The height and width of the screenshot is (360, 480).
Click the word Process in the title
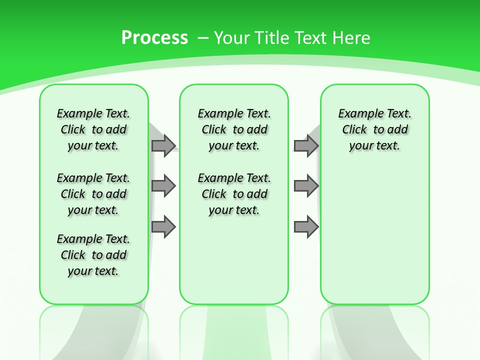point(154,38)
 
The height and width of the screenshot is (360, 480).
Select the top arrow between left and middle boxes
point(163,145)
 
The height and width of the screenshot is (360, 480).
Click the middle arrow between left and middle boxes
point(163,186)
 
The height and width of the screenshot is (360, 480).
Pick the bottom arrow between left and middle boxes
point(163,227)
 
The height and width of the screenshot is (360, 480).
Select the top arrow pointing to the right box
point(306,145)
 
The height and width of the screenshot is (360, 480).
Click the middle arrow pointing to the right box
point(306,186)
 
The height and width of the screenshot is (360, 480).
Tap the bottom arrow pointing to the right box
point(306,227)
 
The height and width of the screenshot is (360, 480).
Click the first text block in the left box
point(93,129)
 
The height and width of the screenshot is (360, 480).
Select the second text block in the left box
point(93,194)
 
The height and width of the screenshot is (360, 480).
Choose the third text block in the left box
point(93,255)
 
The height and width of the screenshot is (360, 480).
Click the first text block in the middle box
point(234,129)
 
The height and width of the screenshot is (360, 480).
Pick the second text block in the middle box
point(234,194)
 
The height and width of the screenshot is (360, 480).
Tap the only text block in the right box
point(374,129)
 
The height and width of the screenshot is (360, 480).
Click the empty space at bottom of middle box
point(234,265)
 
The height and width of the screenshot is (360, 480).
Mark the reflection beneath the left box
point(93,330)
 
